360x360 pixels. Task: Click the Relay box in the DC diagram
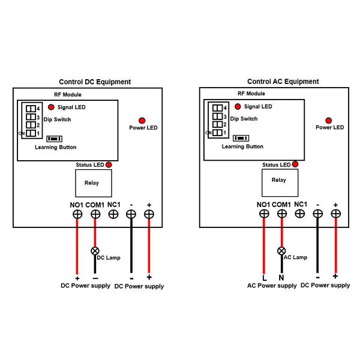(x=93, y=183)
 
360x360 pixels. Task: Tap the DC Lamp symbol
(x=95, y=251)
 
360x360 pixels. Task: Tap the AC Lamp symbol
(x=281, y=251)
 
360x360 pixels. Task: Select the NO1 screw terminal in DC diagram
(x=77, y=214)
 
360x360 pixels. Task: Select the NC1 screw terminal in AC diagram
(x=299, y=212)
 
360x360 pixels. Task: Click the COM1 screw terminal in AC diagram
(x=281, y=214)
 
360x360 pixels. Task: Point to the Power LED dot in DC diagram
(x=142, y=120)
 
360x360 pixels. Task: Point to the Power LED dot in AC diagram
(x=329, y=120)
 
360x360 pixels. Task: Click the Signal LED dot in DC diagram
(x=51, y=107)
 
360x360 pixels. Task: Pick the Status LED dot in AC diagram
(x=295, y=164)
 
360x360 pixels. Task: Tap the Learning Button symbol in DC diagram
(x=55, y=138)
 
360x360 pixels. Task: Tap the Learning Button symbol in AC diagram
(x=241, y=138)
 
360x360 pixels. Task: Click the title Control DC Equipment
(x=95, y=82)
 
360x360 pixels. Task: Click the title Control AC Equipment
(x=283, y=82)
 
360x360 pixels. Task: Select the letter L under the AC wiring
(x=264, y=277)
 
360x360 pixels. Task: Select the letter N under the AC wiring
(x=281, y=277)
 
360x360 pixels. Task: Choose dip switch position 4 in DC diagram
(x=29, y=109)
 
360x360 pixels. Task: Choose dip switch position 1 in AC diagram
(x=216, y=133)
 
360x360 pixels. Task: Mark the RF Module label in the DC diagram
(x=68, y=94)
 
